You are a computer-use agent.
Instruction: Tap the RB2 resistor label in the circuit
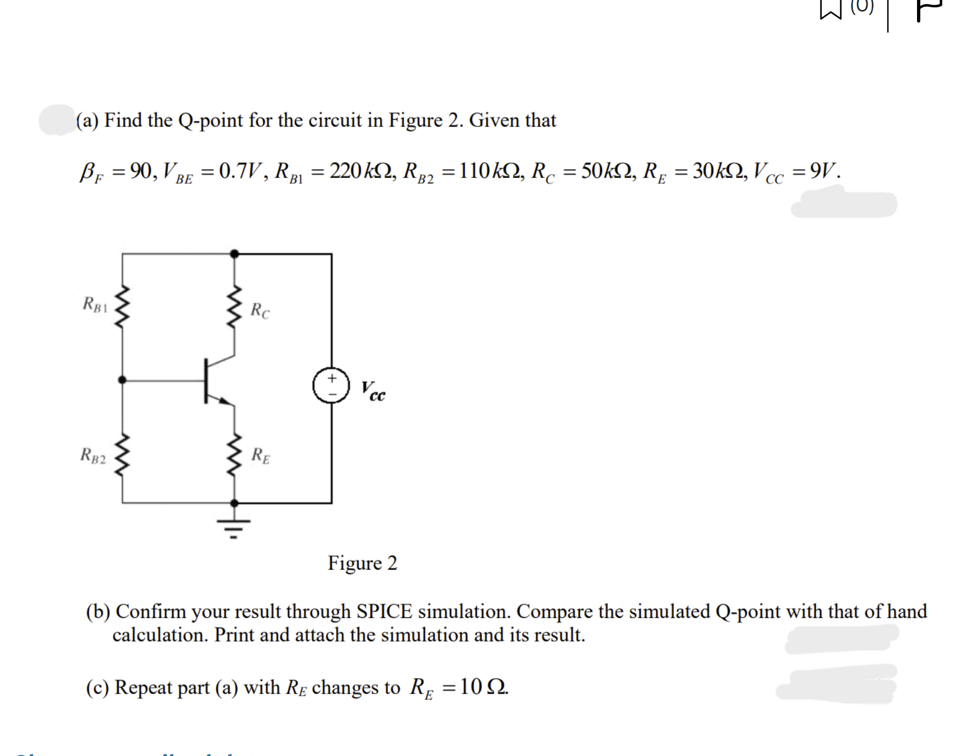click(x=93, y=455)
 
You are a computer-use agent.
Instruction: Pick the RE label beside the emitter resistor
click(x=261, y=455)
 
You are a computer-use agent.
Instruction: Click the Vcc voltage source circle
click(x=331, y=385)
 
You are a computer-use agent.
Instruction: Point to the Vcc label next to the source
click(x=373, y=392)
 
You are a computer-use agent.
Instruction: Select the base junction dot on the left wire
click(x=122, y=380)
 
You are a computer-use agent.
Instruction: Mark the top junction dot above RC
click(x=234, y=254)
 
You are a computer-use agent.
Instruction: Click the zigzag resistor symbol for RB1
click(x=122, y=306)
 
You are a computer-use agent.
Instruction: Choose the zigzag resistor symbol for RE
click(x=234, y=455)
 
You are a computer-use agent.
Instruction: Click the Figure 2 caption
click(x=362, y=563)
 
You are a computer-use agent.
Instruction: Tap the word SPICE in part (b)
click(x=384, y=612)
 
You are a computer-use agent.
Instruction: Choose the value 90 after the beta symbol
click(x=141, y=172)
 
